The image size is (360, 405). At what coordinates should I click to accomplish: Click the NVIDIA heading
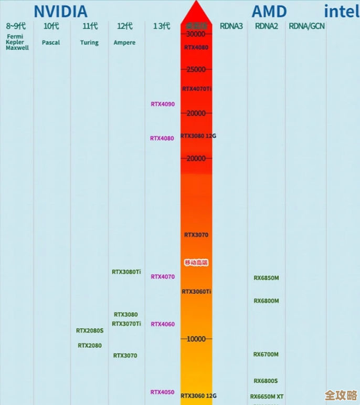pos(60,11)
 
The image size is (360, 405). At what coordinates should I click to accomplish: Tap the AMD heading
pos(269,11)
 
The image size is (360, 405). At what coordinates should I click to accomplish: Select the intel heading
pos(342,11)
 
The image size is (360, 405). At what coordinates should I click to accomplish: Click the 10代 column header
pos(51,26)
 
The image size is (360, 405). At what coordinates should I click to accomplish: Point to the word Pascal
pos(51,43)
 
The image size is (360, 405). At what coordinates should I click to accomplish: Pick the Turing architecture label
pos(89,43)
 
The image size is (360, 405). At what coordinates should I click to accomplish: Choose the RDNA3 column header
pos(231,26)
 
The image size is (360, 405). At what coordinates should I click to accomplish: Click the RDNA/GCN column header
pos(306,26)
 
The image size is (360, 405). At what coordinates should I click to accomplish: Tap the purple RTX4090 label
pos(163,104)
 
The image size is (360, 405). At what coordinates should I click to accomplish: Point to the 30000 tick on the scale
pos(196,34)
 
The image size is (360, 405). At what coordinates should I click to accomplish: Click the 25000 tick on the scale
pos(196,69)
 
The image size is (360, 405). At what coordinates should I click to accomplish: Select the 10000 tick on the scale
pos(196,339)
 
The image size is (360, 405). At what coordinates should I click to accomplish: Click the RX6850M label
pos(266,278)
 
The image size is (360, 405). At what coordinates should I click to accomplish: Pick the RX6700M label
pos(266,355)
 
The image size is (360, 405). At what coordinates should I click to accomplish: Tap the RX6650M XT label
pos(267,397)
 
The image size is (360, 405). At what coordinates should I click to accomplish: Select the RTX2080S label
pos(90,330)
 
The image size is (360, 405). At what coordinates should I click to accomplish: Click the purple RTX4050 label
pos(163,392)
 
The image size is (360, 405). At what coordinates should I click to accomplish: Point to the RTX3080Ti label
pos(126,272)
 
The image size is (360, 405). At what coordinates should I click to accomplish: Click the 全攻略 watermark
pos(341,394)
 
